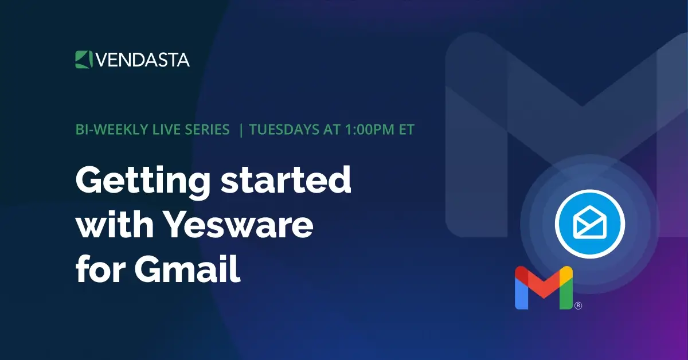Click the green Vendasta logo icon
(x=83, y=59)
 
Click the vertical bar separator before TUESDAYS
(x=241, y=130)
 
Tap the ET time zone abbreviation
(x=404, y=130)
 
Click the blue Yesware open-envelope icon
(x=589, y=224)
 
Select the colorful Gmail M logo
(x=544, y=288)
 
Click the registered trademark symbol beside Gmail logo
(x=578, y=306)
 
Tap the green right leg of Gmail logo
(x=566, y=292)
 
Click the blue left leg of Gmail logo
(x=521, y=292)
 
